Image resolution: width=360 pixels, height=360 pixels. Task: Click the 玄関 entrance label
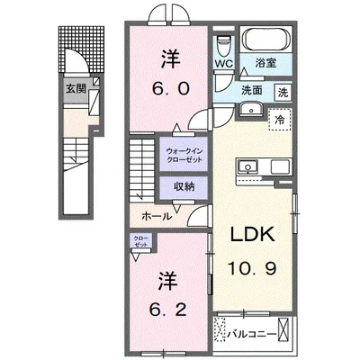(76, 88)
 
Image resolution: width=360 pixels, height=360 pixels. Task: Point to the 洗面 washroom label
(250, 91)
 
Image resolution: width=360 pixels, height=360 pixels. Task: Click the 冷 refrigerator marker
(279, 119)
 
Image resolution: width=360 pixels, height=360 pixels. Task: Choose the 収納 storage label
(184, 187)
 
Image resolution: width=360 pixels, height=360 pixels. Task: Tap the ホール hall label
(157, 217)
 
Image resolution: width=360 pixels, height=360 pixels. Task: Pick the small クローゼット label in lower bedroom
(141, 241)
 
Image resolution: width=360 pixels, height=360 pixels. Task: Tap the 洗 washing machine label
(282, 92)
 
